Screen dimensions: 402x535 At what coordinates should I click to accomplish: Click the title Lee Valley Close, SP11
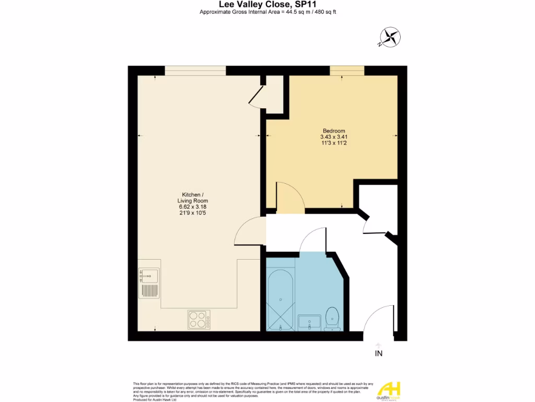click(x=267, y=4)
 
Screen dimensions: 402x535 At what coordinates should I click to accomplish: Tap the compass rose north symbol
click(x=389, y=37)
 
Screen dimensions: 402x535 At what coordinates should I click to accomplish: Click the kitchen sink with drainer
click(x=149, y=283)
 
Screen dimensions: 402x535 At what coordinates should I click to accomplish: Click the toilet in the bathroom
click(x=332, y=319)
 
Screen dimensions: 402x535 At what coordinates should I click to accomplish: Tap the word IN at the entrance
click(x=378, y=354)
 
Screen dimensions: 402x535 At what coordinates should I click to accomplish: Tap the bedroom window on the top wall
click(x=347, y=71)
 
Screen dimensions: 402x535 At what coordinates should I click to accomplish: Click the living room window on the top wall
click(x=195, y=71)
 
